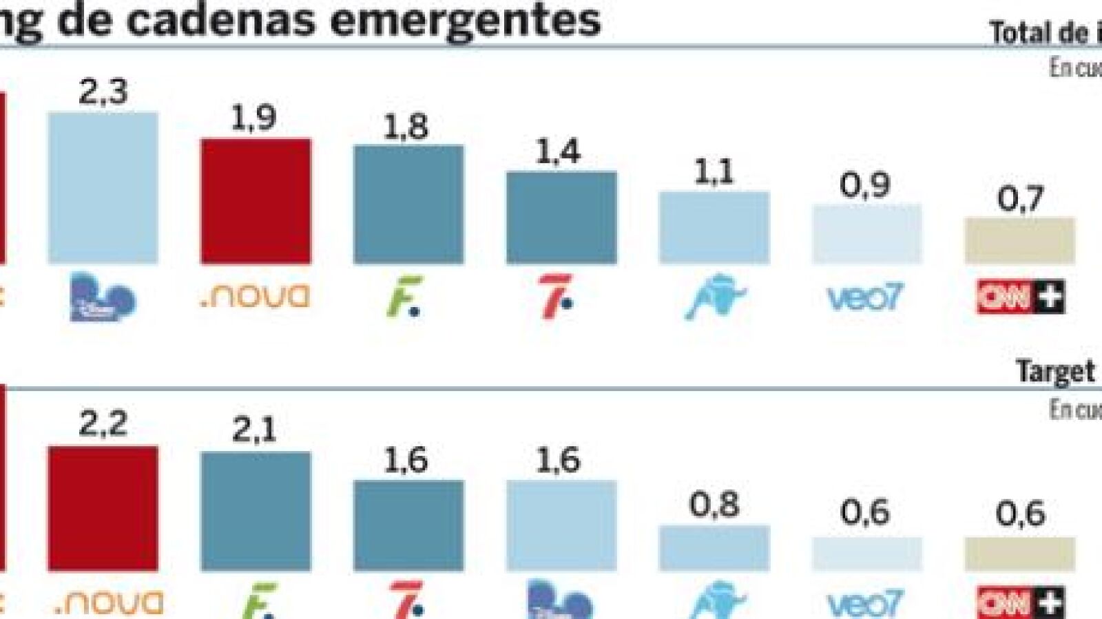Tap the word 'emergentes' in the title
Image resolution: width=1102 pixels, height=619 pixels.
coord(465,21)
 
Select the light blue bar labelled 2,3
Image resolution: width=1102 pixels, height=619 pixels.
coord(103,187)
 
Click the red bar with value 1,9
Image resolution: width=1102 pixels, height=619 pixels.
coord(256,201)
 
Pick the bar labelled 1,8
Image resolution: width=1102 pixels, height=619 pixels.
coord(408,204)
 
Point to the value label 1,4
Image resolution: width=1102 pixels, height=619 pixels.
coord(558,151)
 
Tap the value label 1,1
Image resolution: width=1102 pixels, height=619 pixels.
coord(714,171)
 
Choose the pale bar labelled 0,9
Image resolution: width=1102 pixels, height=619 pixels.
coord(866,234)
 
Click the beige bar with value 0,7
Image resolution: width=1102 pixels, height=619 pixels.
coord(1019,240)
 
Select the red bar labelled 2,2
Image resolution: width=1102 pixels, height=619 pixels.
coord(103,508)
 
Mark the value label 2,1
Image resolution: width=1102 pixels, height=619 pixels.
coord(254,430)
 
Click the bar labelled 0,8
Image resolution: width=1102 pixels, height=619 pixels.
coord(714,548)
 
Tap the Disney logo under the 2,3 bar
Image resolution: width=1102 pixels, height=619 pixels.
coord(103,297)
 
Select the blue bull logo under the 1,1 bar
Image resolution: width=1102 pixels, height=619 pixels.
coord(715,297)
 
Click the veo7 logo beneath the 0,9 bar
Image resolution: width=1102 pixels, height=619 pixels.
coord(865,298)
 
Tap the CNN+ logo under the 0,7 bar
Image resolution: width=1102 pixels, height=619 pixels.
coord(1020,297)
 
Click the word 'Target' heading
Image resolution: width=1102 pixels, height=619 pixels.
coord(1055,372)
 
